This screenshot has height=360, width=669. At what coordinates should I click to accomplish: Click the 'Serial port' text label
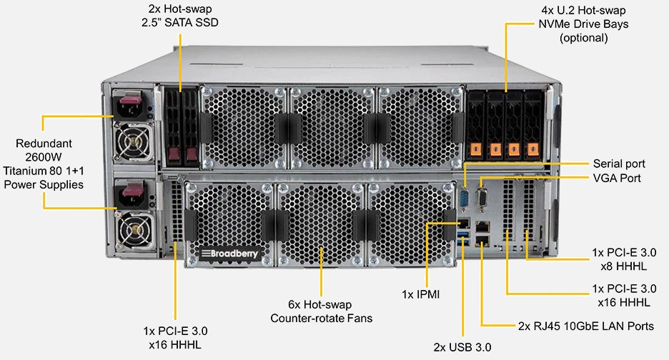[x=618, y=163]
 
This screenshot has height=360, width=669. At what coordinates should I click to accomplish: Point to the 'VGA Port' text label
[x=617, y=178]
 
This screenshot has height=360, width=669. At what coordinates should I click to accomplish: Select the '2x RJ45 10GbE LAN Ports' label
[x=585, y=326]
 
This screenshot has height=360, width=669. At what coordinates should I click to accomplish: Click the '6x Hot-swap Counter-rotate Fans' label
[x=321, y=311]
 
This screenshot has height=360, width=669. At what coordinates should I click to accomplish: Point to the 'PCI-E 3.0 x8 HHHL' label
[x=624, y=259]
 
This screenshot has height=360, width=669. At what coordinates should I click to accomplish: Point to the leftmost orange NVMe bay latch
[x=477, y=149]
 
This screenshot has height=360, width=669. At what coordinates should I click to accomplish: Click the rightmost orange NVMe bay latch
[x=532, y=149]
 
